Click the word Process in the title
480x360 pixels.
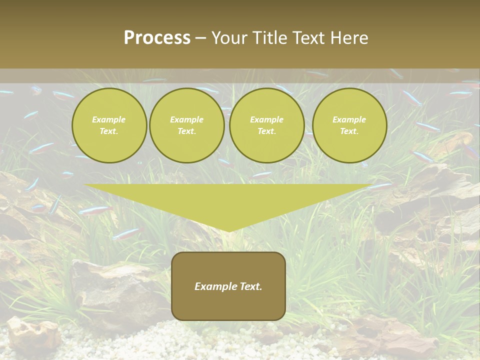click(x=157, y=38)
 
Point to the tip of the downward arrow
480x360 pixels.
click(x=228, y=230)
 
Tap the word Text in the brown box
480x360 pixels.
click(x=250, y=286)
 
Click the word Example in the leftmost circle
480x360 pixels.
click(x=109, y=119)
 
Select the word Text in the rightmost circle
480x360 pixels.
click(x=349, y=131)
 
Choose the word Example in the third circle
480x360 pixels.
click(x=266, y=119)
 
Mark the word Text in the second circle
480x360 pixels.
click(x=186, y=131)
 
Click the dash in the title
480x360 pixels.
click(x=200, y=38)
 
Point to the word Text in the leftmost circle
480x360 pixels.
click(x=109, y=131)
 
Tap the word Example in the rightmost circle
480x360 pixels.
click(x=349, y=119)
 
